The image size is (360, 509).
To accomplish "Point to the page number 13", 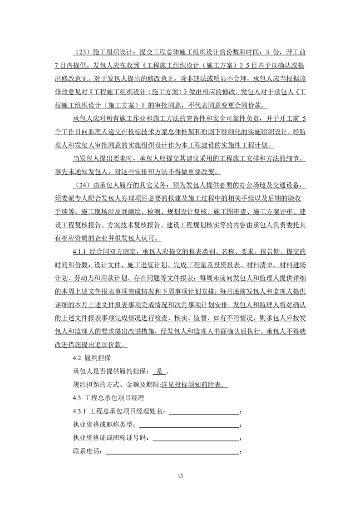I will [180, 476].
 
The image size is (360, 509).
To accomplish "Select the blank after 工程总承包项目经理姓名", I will [204, 411].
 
